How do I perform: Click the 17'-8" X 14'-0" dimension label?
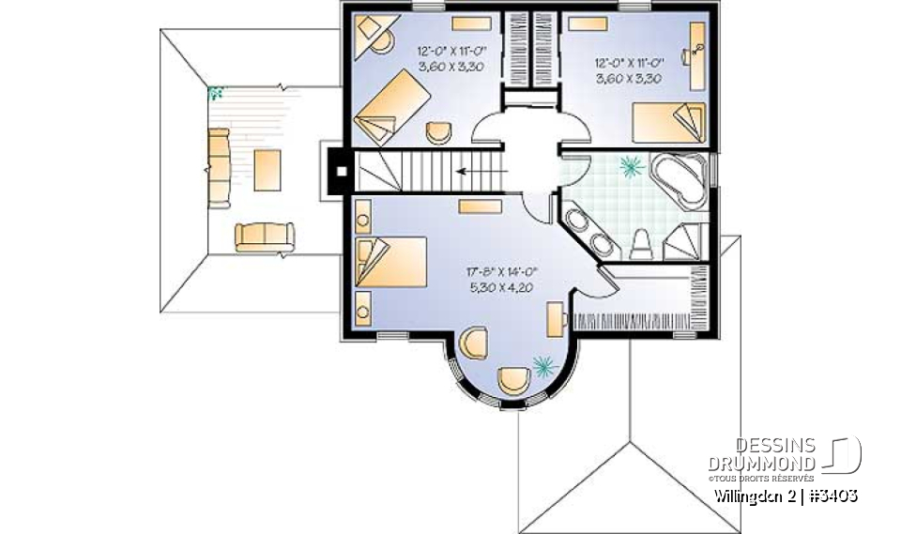click(x=499, y=273)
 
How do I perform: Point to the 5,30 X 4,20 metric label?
click(x=499, y=288)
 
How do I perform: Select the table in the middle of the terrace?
click(x=267, y=170)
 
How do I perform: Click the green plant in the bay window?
click(x=542, y=365)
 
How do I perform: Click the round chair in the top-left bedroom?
click(x=438, y=132)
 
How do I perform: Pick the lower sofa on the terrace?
click(x=264, y=236)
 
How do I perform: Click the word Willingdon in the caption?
click(x=745, y=496)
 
